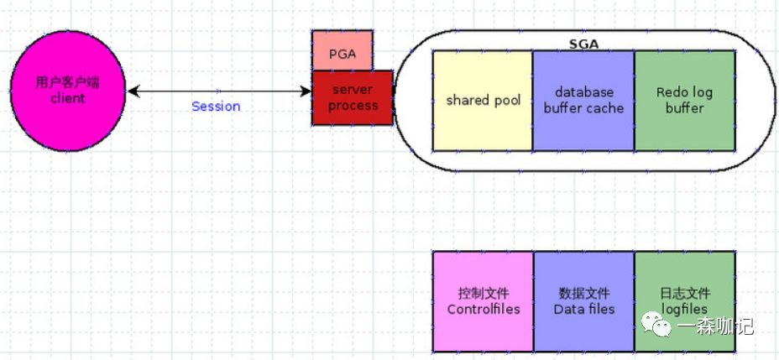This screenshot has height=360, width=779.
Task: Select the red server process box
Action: tap(353, 97)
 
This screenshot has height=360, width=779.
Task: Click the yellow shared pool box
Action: tap(483, 101)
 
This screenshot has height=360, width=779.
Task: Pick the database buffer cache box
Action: tap(583, 101)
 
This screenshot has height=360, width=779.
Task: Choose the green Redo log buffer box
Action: tap(684, 101)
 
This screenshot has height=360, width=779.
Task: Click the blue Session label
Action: tap(216, 107)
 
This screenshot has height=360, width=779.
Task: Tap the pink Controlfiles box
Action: tap(483, 301)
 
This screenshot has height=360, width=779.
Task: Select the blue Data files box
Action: tap(583, 301)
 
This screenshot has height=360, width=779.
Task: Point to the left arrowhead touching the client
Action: tap(131, 91)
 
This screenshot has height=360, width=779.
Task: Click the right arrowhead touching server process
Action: tap(306, 91)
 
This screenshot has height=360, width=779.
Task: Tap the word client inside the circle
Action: tap(67, 98)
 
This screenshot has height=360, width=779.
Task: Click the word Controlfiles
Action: tap(483, 309)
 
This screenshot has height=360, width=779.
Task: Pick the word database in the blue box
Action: tap(583, 92)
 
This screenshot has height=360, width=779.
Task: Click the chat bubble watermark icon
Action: tap(656, 325)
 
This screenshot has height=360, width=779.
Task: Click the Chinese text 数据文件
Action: tap(583, 294)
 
